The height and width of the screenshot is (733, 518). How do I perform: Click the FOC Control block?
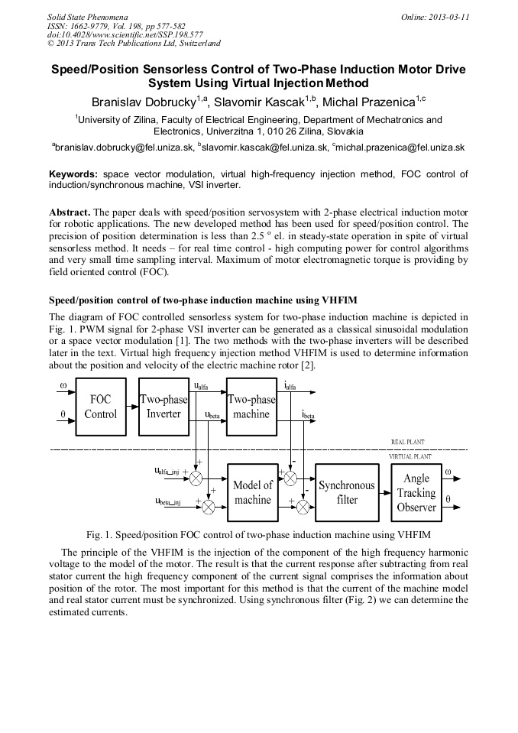coord(100,407)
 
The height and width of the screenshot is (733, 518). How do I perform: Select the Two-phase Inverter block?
coord(163,407)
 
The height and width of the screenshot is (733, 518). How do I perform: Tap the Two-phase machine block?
coord(251,407)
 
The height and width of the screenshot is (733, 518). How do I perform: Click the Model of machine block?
coord(252,492)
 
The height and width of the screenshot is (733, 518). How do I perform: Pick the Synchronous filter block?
coord(347,492)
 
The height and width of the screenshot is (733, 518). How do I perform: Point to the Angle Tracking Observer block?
coord(416,492)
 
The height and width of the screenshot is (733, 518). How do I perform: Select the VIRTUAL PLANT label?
coord(410,456)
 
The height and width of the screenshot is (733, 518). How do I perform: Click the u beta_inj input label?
coord(167,501)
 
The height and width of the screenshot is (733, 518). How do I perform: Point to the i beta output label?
coord(307,415)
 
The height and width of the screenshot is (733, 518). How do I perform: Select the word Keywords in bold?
coord(73,174)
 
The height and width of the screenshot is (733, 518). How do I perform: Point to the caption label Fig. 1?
coord(101,534)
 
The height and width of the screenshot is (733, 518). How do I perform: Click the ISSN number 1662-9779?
coord(92,26)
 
